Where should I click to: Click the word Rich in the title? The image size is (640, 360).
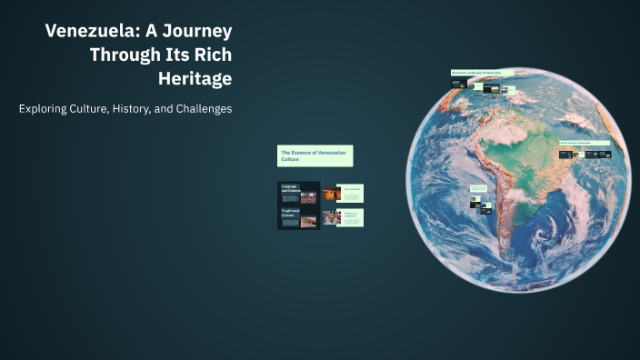click(x=213, y=55)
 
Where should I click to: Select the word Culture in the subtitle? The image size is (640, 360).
click(x=93, y=109)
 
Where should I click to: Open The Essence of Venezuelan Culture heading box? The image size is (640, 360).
click(x=315, y=155)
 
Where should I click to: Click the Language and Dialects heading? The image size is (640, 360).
click(x=290, y=189)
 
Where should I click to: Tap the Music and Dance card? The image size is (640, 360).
click(x=352, y=193)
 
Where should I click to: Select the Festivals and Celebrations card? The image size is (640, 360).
click(x=352, y=217)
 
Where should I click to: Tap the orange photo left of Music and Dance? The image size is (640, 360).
click(x=331, y=193)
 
